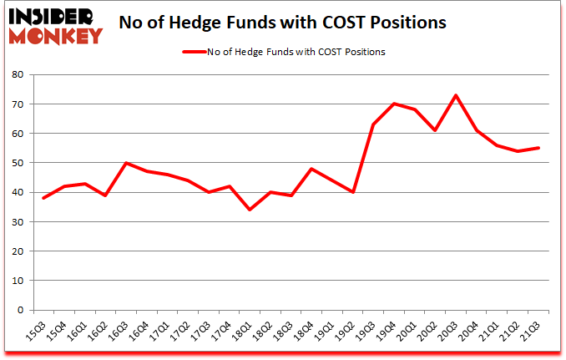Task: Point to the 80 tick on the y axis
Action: pyautogui.click(x=19, y=75)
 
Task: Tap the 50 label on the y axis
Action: pyautogui.click(x=19, y=163)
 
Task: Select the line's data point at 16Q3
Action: pyautogui.click(x=125, y=163)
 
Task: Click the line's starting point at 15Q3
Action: pyautogui.click(x=43, y=198)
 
